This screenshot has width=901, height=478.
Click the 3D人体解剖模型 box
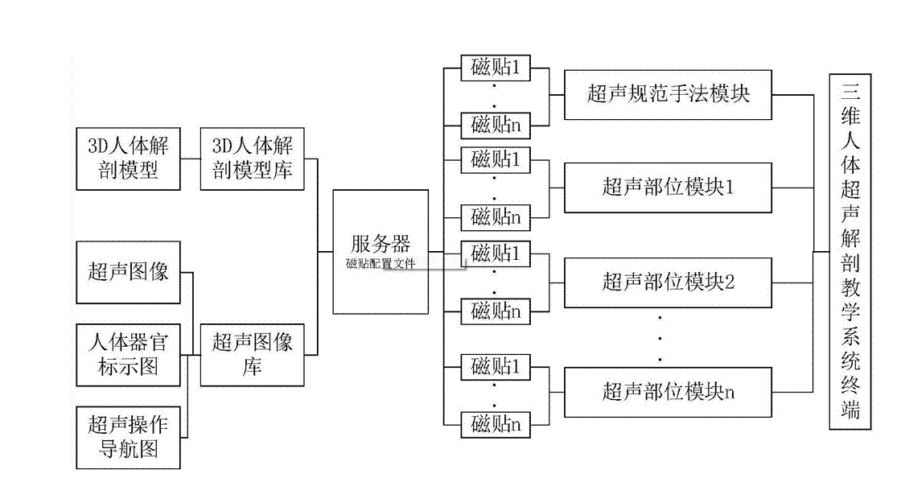tap(128, 159)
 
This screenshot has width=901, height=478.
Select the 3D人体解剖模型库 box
tap(252, 159)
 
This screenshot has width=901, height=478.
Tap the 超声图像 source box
tap(128, 272)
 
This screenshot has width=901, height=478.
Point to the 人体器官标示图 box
tap(128, 354)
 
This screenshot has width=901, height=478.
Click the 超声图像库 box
tap(252, 354)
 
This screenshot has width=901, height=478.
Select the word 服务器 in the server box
tap(381, 244)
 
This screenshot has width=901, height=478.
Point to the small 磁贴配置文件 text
tap(381, 263)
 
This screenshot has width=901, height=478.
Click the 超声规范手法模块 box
tap(669, 94)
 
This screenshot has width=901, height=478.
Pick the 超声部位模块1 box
tap(669, 187)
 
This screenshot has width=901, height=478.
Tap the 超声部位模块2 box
tap(669, 282)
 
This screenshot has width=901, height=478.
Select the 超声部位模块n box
tap(669, 392)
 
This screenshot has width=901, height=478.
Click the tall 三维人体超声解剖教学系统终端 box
tap(850, 251)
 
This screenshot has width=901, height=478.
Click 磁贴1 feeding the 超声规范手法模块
tap(496, 68)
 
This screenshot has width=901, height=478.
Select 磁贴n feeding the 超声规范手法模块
tap(496, 125)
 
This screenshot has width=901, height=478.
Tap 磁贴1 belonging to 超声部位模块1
tap(496, 159)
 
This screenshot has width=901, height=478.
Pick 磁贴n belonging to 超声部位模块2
tap(496, 310)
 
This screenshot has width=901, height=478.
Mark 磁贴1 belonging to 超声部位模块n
tap(496, 366)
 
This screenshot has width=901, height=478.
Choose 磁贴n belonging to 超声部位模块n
tap(496, 423)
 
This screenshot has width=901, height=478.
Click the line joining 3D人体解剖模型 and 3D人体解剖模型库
tap(191, 159)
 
